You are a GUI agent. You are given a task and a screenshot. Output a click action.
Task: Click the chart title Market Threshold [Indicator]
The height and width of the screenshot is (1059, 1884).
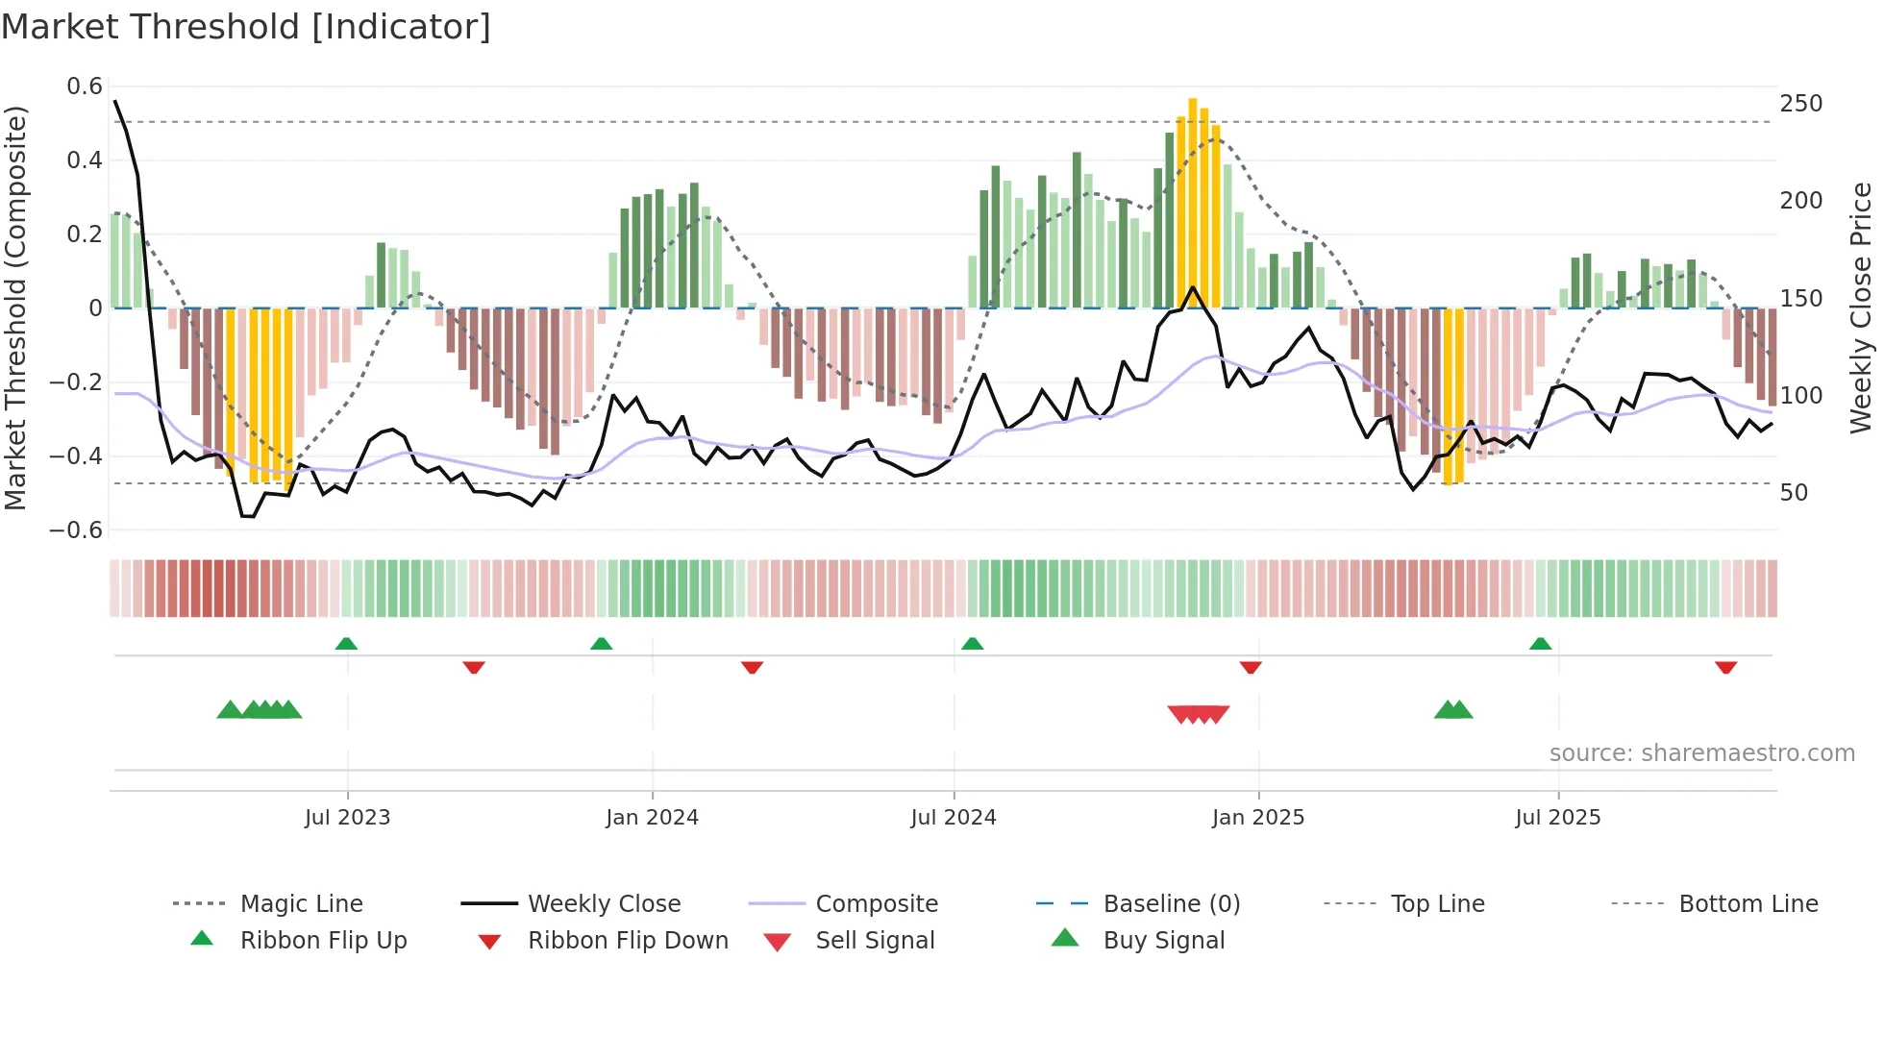click(246, 27)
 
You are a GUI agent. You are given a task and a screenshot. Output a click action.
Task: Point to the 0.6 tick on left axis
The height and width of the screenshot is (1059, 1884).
click(85, 86)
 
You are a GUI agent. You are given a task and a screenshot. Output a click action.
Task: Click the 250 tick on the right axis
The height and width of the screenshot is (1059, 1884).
click(1800, 104)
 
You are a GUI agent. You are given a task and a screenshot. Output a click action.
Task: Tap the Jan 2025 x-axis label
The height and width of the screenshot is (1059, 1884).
click(1257, 818)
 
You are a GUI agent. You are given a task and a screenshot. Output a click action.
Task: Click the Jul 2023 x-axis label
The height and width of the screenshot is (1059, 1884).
click(347, 818)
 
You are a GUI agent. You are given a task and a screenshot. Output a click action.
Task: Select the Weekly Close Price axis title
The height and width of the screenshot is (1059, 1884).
click(1861, 308)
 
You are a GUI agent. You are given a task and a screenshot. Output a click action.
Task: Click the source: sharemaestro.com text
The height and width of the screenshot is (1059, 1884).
click(1701, 753)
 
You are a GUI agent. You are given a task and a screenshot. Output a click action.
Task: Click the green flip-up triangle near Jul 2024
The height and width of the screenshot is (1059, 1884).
click(972, 644)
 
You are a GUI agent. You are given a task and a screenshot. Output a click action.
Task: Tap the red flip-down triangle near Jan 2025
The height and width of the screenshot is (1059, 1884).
click(1251, 667)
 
